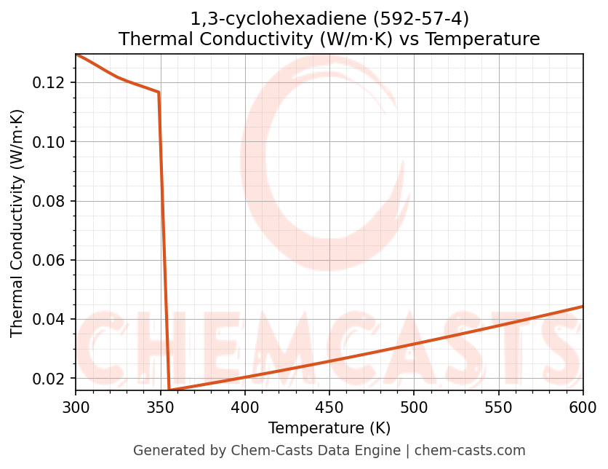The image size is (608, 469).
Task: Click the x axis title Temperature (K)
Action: point(329,428)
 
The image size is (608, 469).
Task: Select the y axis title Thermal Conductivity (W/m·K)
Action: point(17,223)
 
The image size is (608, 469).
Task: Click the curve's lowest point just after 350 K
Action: point(169,390)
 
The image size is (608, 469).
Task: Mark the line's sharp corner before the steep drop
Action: point(159,92)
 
